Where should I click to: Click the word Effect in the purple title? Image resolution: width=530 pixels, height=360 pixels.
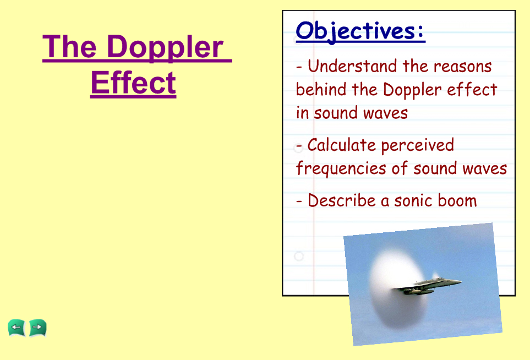[x=133, y=82]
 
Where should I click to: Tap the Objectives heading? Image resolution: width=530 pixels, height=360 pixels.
[x=360, y=31]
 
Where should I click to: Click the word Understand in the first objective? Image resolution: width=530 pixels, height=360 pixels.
[x=352, y=66]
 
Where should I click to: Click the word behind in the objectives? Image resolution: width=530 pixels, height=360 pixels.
[x=321, y=89]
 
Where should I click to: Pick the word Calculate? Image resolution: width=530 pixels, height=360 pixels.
[x=341, y=145]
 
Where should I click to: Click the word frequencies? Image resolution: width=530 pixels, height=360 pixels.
[x=341, y=168]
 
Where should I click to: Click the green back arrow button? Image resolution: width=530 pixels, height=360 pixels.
[x=17, y=328]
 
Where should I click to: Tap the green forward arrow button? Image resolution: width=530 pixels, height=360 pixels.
[x=37, y=328]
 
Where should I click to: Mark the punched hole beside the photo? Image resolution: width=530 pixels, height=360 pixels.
[x=299, y=256]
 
